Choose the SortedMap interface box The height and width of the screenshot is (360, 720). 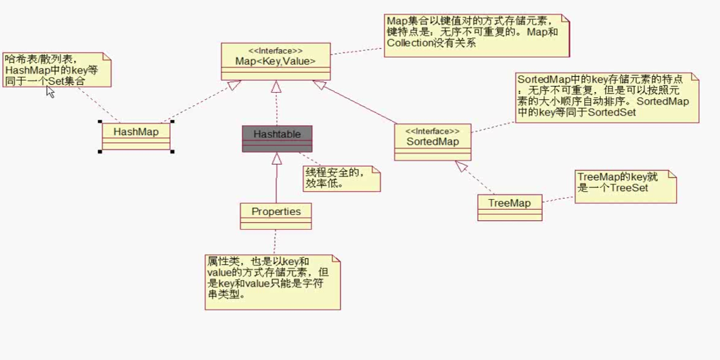click(433, 142)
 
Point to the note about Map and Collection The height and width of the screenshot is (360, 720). click(476, 33)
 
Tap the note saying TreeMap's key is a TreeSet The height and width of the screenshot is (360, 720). click(625, 186)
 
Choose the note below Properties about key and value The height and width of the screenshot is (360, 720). click(272, 281)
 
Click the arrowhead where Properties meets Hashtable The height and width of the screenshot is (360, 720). click(276, 157)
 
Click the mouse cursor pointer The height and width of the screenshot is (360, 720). click(50, 91)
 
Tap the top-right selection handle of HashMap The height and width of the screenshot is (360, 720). click(172, 122)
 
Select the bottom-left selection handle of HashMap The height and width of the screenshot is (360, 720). click(100, 152)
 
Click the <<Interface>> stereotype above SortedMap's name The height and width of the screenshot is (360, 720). click(432, 130)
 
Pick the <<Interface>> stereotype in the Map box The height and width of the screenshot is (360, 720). click(275, 50)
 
